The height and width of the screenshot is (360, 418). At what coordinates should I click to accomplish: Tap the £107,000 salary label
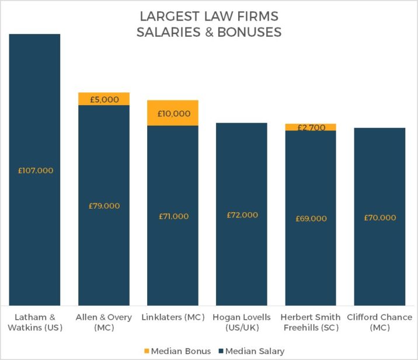[34, 171]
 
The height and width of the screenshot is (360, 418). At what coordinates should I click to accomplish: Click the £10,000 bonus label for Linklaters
[173, 113]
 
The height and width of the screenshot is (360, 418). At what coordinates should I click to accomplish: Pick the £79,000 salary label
[104, 206]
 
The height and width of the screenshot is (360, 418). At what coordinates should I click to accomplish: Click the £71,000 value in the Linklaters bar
[173, 216]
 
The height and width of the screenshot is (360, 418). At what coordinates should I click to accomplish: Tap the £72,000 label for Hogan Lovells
[242, 215]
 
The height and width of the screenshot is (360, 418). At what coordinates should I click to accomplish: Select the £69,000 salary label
[311, 218]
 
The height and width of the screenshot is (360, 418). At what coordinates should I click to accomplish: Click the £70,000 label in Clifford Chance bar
[379, 217]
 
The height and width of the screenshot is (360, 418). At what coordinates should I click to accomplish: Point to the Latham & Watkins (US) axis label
[34, 323]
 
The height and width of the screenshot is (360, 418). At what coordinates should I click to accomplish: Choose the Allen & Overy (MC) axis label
[104, 323]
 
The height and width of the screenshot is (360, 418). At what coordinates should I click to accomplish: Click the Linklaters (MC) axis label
[173, 317]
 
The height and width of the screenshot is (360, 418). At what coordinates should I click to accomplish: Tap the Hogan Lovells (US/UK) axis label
[242, 323]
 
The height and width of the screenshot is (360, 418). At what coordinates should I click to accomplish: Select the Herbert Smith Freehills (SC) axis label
[311, 323]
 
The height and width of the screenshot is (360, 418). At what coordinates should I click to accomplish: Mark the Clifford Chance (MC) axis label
[379, 323]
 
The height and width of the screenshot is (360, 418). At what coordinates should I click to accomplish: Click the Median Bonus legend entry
[173, 351]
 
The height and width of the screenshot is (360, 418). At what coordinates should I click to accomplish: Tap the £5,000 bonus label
[104, 99]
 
